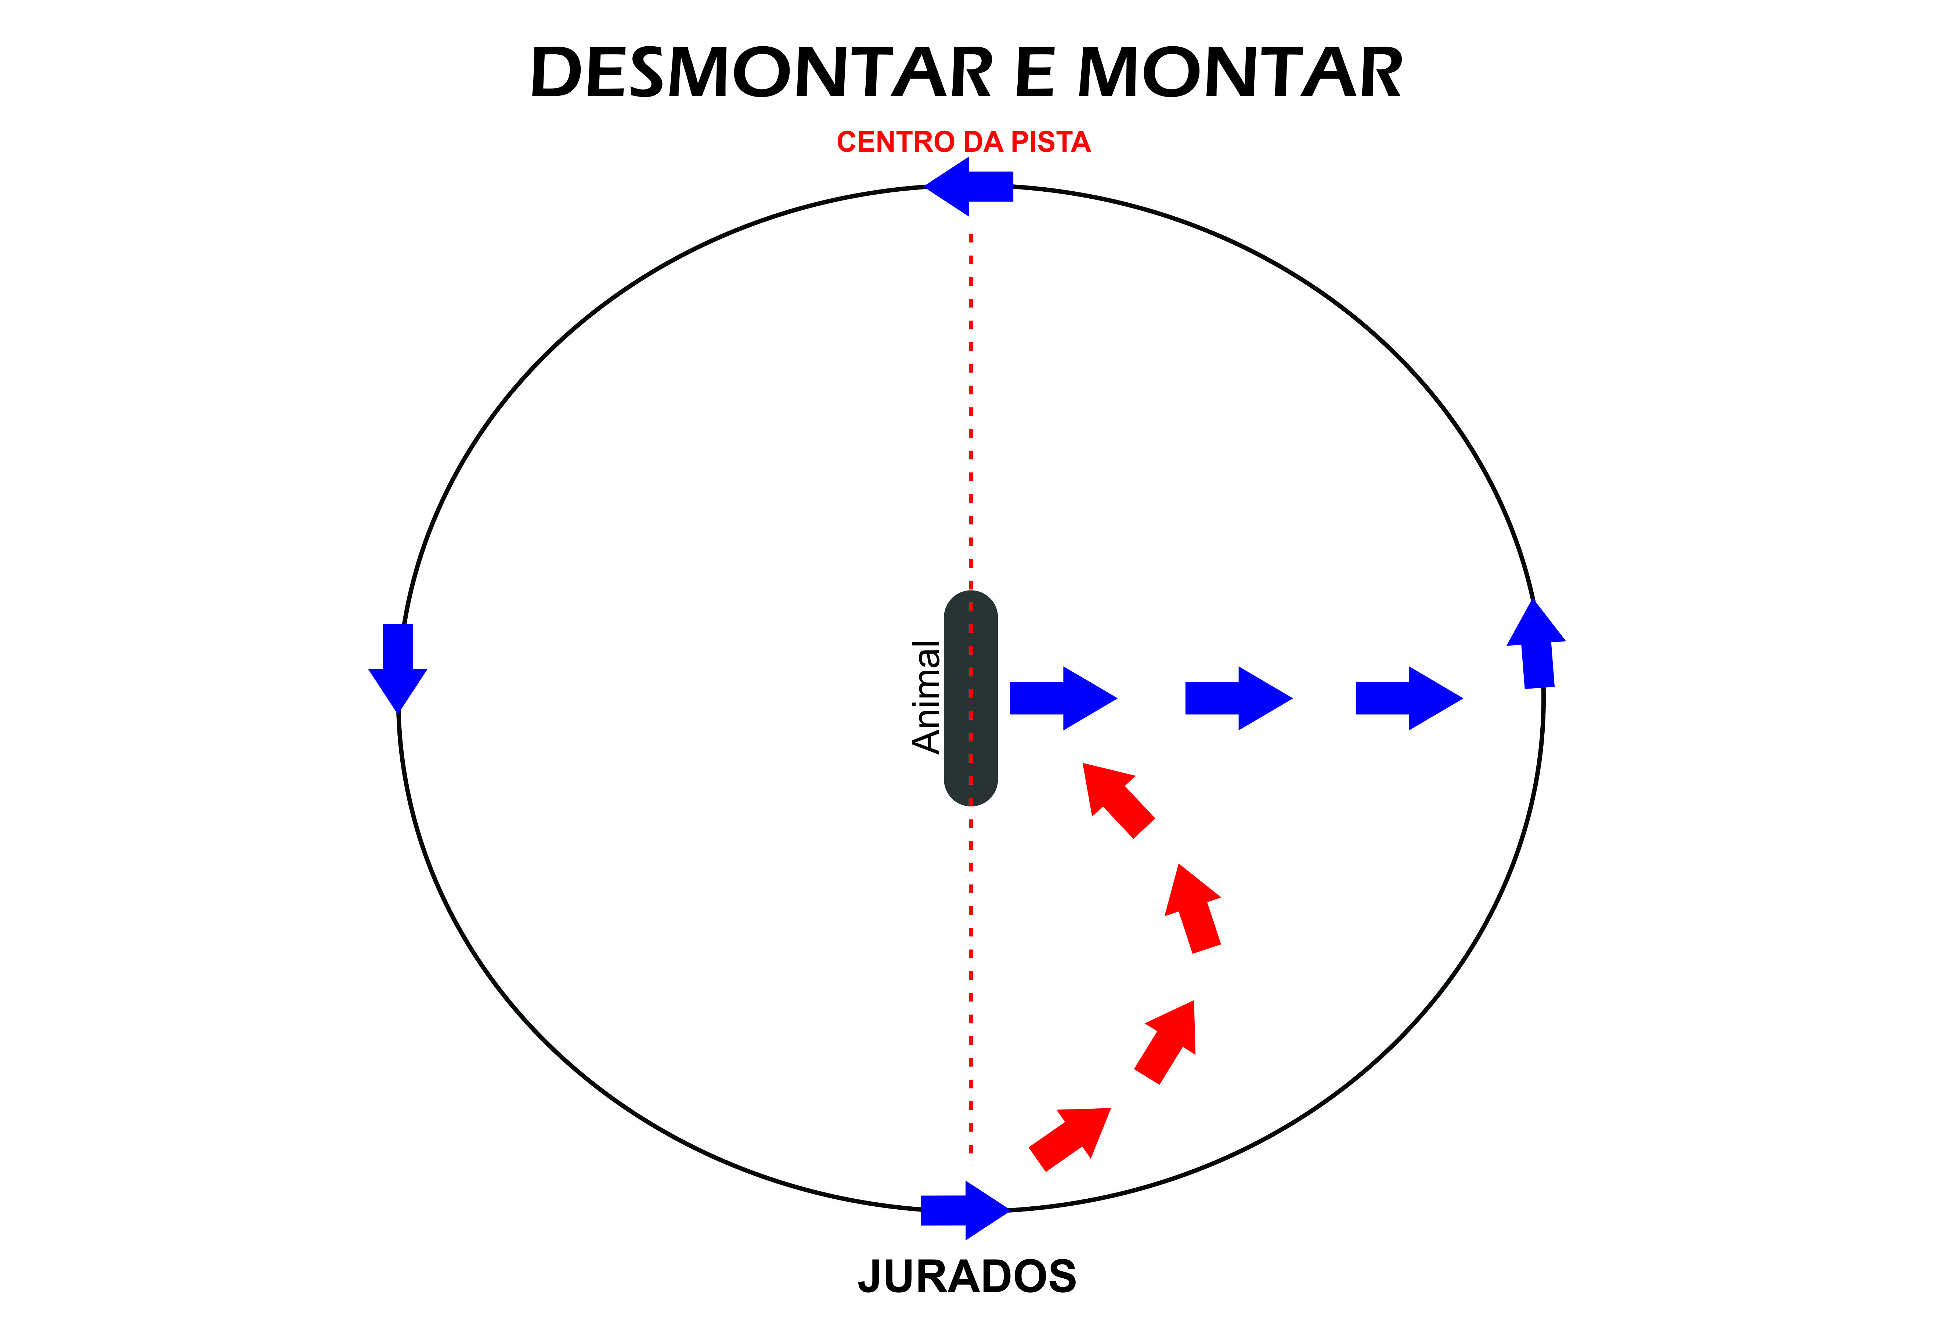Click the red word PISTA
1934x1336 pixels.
[x=1051, y=142]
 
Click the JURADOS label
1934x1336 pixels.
[x=967, y=1277]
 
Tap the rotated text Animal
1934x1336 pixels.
[x=926, y=697]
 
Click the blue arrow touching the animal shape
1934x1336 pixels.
[x=1062, y=698]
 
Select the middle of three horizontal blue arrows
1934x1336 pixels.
[x=1237, y=698]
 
